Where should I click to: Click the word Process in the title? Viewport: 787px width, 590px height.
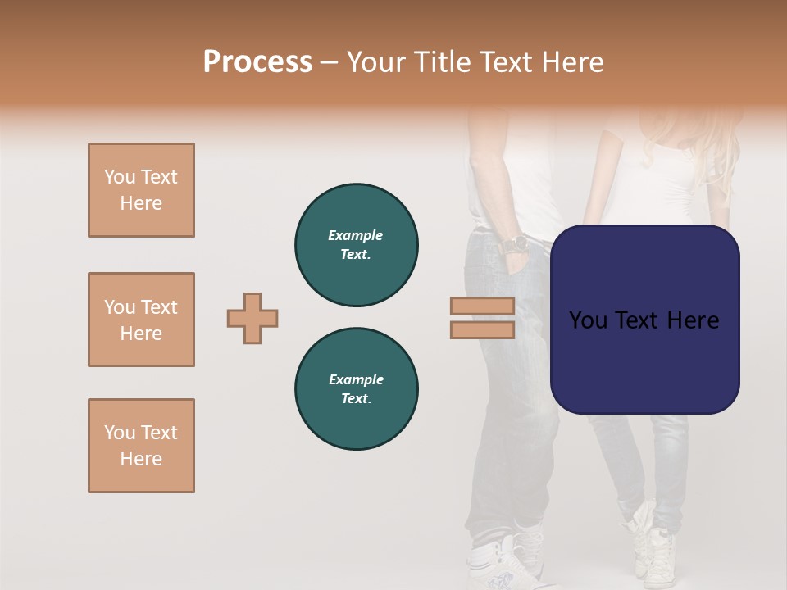pos(257,62)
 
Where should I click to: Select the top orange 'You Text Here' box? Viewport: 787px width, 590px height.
pos(141,190)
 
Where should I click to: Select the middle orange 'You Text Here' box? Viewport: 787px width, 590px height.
pos(141,320)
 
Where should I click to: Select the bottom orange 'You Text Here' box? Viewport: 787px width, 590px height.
pos(141,446)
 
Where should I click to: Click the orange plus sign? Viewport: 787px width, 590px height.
pos(252,318)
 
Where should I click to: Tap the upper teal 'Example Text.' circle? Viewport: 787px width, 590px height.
pos(357,244)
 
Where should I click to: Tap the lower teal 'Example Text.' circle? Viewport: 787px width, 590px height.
pos(357,388)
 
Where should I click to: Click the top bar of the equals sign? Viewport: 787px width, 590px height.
pos(482,306)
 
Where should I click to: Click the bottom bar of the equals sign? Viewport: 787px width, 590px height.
pos(482,329)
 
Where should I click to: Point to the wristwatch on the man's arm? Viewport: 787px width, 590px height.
pos(515,244)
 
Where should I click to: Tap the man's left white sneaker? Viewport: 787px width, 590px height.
pos(496,565)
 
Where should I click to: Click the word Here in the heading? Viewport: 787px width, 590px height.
pos(573,62)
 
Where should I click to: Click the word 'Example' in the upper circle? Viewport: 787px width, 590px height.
pos(356,235)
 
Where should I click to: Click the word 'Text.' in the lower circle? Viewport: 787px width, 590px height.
pos(357,398)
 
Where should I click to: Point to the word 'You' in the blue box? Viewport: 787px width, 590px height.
pos(589,320)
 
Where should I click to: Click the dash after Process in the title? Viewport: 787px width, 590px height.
pos(329,62)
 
